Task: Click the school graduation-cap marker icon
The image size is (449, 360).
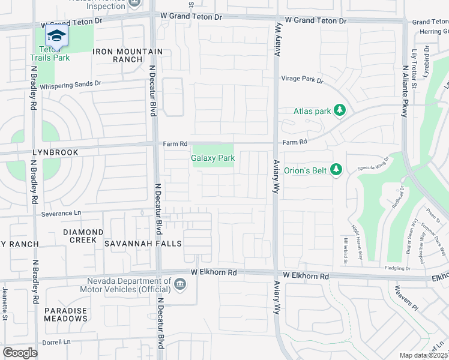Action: [57, 36]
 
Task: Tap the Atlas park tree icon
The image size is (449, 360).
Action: [340, 110]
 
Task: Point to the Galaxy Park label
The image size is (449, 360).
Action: [212, 158]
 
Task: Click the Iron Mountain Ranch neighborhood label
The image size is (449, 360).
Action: [118, 56]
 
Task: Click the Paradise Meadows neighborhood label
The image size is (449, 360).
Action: [65, 314]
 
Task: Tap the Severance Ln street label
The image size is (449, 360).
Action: [61, 213]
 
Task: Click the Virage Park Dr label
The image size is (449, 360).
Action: [303, 79]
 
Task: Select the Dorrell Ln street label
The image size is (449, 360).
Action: [56, 342]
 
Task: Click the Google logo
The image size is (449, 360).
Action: [20, 353]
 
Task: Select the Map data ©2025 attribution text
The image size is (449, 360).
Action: [423, 355]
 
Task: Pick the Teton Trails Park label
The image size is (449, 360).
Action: [50, 53]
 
